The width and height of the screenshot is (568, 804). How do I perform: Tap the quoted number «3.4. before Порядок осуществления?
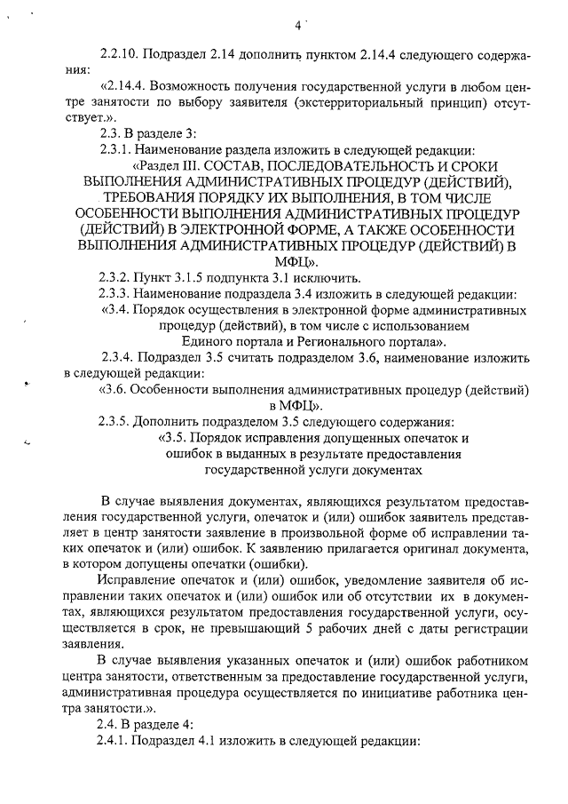(x=120, y=310)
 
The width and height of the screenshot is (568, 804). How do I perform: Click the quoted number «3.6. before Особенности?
(x=116, y=389)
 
